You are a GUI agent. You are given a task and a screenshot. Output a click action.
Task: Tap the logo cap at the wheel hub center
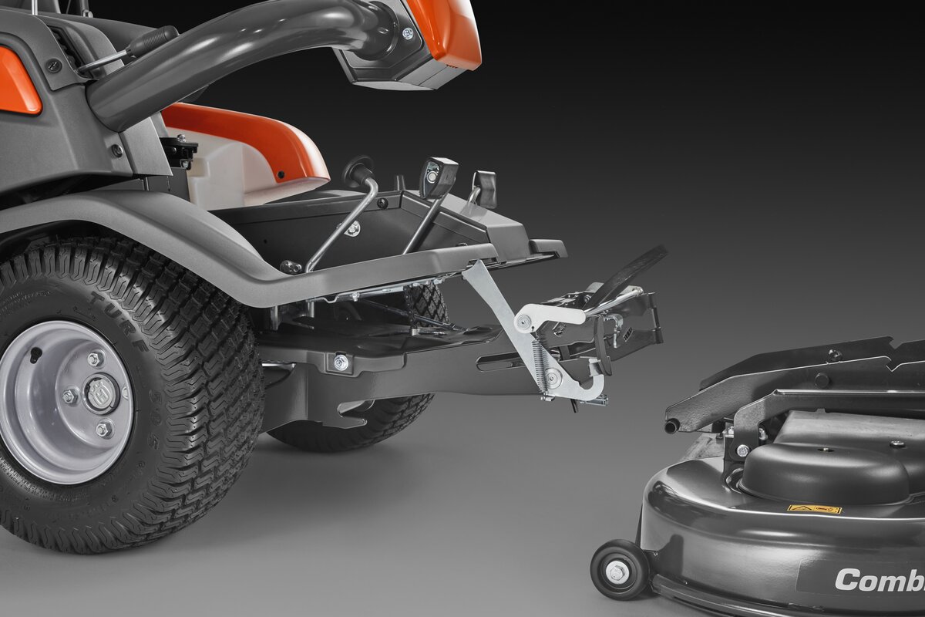(x=97, y=393)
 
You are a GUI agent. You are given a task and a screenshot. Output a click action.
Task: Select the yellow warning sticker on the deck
(x=814, y=509)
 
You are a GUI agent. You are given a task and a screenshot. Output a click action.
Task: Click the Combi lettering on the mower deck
(x=879, y=580)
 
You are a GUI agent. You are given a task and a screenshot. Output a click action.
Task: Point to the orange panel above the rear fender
(x=17, y=82)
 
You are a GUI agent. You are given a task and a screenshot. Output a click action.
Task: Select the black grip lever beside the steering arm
(x=151, y=41)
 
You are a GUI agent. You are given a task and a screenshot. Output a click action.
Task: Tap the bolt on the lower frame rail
(x=340, y=362)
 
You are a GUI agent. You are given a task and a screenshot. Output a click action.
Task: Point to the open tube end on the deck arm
(x=671, y=426)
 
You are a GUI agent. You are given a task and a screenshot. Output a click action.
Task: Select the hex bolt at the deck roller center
(x=617, y=571)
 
